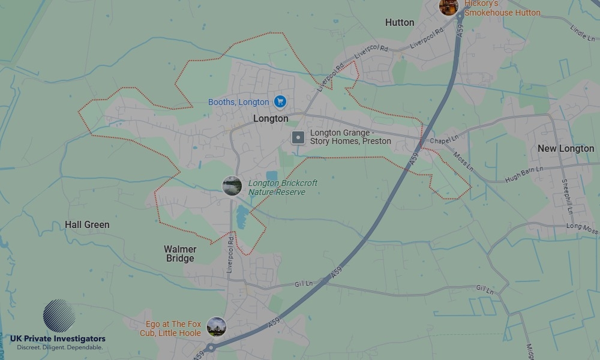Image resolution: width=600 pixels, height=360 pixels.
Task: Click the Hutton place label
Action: pos(400,22)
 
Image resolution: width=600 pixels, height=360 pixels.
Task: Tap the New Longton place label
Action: pos(565,148)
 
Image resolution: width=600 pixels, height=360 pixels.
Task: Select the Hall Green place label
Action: pos(87,224)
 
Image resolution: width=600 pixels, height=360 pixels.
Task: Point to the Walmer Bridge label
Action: pos(180,253)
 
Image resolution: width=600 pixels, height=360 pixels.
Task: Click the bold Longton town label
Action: pos(271,118)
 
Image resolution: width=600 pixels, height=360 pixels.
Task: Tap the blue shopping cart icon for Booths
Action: pos(280,102)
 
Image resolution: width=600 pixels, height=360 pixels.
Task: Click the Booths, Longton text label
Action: pos(238,102)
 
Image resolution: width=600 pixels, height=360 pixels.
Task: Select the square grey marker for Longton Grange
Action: pos(298,138)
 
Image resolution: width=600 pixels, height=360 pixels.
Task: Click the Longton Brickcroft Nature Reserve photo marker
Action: pos(232,186)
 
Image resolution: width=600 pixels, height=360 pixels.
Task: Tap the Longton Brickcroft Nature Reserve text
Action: pos(283,187)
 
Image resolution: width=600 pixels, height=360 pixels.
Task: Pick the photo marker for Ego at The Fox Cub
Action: pos(216,327)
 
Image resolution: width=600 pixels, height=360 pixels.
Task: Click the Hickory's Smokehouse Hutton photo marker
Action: pos(449,7)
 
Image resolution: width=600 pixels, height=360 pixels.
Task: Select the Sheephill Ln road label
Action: pos(566,196)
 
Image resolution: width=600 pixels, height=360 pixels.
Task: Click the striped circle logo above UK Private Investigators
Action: pos(59,316)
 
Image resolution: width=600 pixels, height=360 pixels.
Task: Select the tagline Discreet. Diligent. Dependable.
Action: pos(59,347)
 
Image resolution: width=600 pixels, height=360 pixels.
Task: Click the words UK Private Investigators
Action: pos(58,339)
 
